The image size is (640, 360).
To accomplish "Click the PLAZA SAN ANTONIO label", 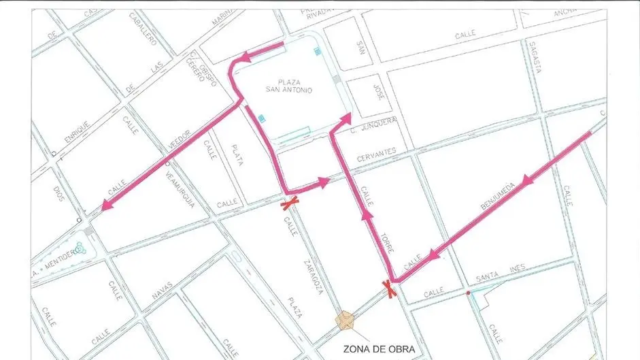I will [288, 86].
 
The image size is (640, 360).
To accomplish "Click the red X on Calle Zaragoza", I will [291, 202].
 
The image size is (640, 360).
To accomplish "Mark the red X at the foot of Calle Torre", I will [390, 289].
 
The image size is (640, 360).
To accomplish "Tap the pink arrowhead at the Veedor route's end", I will [105, 205].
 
